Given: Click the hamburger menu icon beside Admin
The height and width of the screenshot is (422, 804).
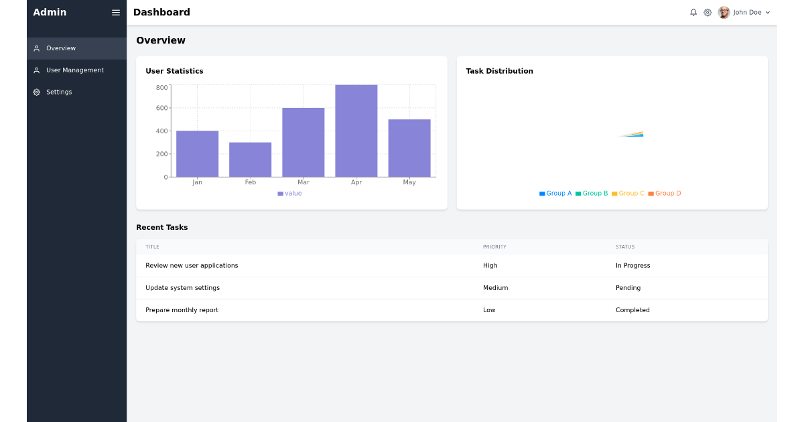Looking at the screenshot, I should pyautogui.click(x=116, y=13).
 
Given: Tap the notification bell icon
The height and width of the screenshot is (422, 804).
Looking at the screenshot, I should pyautogui.click(x=693, y=13).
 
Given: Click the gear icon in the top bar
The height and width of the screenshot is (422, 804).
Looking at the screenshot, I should pyautogui.click(x=708, y=13).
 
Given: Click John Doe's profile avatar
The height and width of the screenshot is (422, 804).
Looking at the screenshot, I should pyautogui.click(x=724, y=13).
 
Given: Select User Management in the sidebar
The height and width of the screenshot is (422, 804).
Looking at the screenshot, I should pyautogui.click(x=74, y=70).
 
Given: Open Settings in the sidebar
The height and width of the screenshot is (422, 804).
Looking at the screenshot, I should pyautogui.click(x=59, y=92).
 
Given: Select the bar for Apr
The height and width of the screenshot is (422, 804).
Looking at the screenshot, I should pyautogui.click(x=356, y=131).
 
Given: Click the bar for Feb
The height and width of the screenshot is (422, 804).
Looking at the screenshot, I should pyautogui.click(x=250, y=160).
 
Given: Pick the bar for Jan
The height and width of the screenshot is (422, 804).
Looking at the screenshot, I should pyautogui.click(x=197, y=154).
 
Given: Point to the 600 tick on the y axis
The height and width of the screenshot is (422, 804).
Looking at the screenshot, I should pyautogui.click(x=162, y=108).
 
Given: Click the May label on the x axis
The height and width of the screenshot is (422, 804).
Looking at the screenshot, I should pyautogui.click(x=409, y=182).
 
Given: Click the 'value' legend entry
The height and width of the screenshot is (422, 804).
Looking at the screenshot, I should pyautogui.click(x=290, y=194).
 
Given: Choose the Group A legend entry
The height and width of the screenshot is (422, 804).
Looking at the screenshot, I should pyautogui.click(x=556, y=194).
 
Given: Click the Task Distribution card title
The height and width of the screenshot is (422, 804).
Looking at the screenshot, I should pyautogui.click(x=500, y=71).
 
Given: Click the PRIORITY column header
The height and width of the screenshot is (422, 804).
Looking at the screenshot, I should pyautogui.click(x=494, y=247).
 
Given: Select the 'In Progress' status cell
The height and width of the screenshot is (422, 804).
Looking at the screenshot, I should pyautogui.click(x=632, y=266).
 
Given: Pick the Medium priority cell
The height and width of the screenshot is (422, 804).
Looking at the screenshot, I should pyautogui.click(x=495, y=288).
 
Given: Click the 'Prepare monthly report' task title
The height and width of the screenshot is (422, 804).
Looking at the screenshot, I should pyautogui.click(x=182, y=310).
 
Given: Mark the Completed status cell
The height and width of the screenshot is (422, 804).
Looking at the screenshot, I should pyautogui.click(x=632, y=310).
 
